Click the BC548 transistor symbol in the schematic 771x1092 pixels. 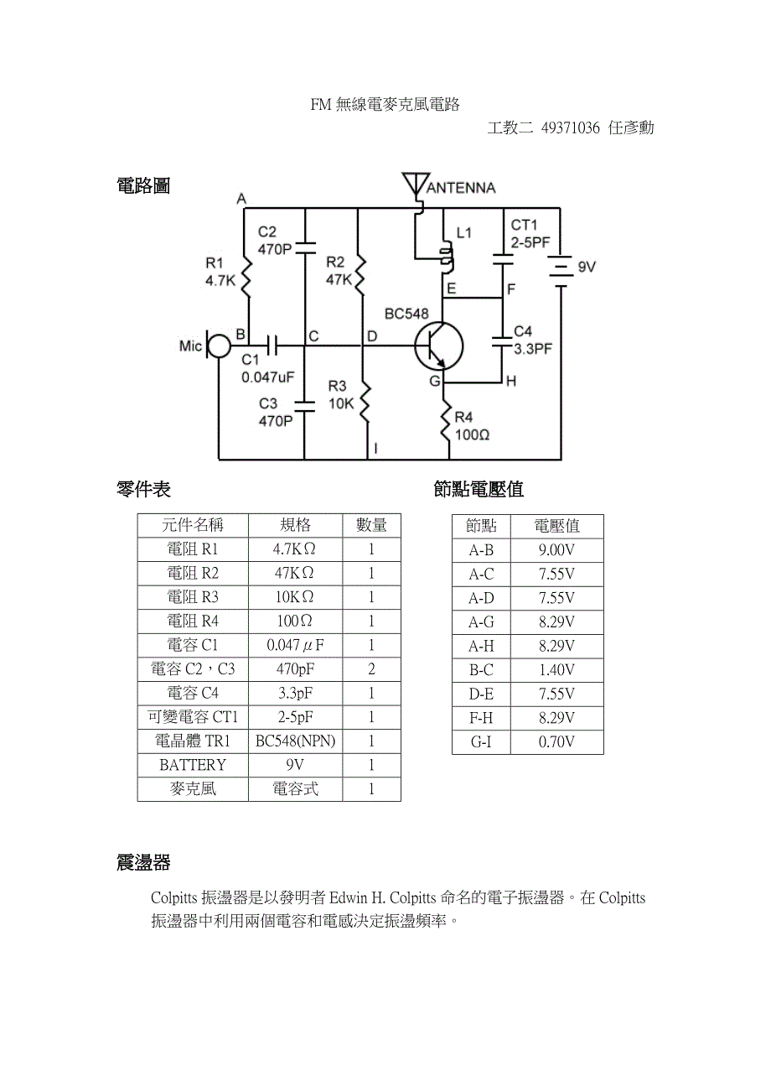click(438, 346)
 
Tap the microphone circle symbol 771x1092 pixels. click(219, 345)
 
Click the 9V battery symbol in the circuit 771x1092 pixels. click(559, 271)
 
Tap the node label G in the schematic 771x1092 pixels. click(435, 382)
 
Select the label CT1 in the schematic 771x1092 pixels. click(524, 225)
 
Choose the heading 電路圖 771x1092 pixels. click(143, 186)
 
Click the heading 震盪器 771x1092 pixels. click(143, 862)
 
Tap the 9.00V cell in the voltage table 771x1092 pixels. click(556, 550)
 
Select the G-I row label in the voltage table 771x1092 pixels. click(481, 742)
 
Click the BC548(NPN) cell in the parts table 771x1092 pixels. click(295, 741)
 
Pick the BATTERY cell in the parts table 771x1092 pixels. click(193, 765)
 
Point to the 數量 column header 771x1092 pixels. click(371, 525)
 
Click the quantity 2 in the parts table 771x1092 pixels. click(371, 669)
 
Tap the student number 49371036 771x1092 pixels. click(571, 127)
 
